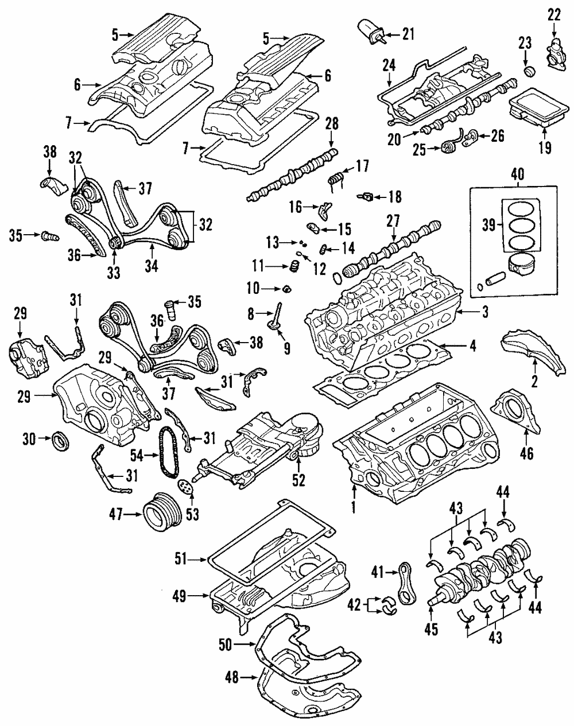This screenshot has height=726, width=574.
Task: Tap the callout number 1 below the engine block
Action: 354,507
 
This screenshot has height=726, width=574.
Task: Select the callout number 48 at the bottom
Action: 231,678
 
